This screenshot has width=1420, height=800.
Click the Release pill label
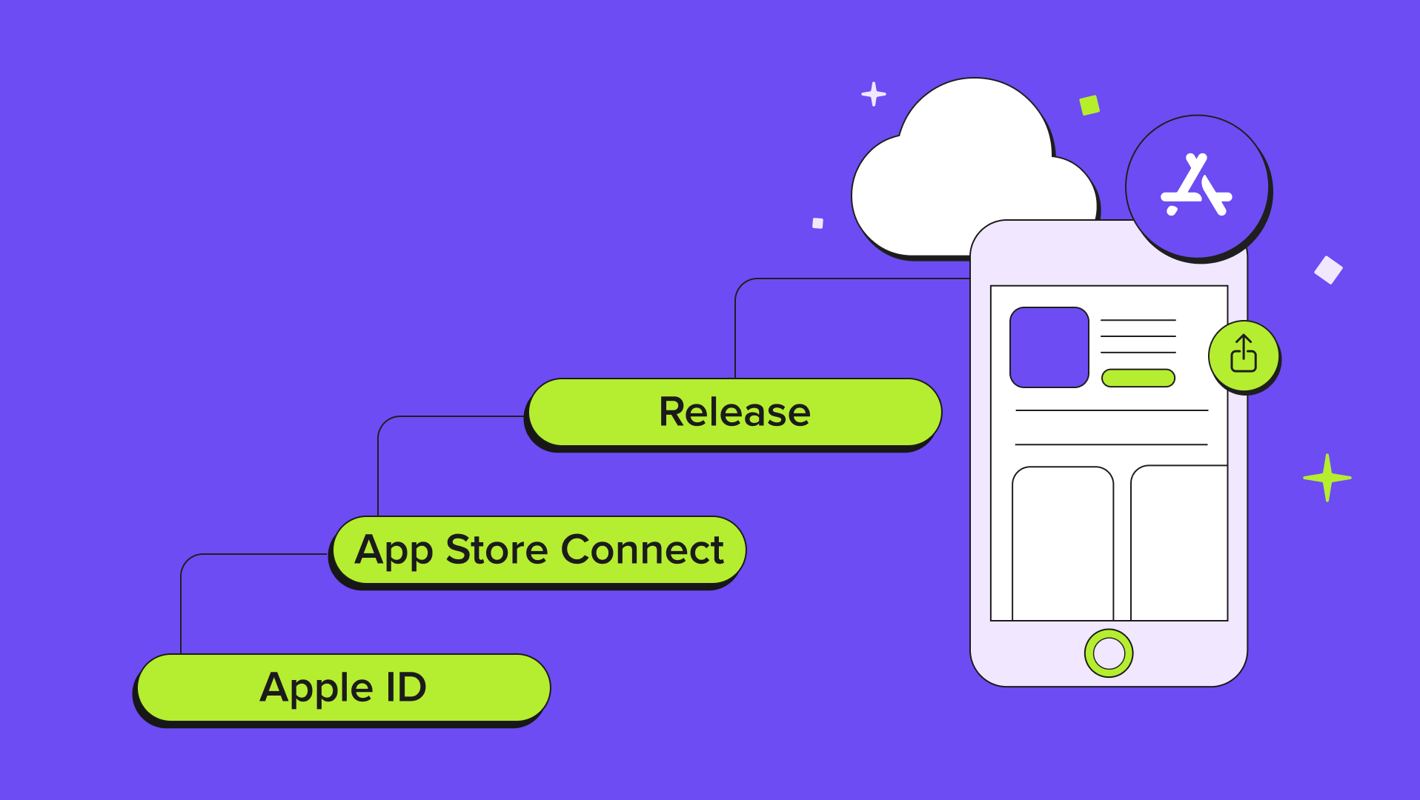734,412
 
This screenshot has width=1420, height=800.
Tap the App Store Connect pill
539,550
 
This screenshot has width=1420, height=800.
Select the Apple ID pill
343,687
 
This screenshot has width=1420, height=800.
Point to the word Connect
642,550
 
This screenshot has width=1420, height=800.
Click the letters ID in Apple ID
406,687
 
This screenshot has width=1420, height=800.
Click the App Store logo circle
1196,187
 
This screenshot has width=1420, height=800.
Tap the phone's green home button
1108,653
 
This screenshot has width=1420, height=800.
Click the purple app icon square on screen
1049,347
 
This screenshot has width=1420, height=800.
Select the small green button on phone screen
1138,378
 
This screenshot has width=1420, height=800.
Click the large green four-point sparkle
1327,478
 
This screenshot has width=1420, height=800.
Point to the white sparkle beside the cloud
874,94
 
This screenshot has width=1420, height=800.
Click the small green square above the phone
1089,105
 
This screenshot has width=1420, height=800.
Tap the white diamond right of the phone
1328,270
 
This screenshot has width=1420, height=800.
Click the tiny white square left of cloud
817,223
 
